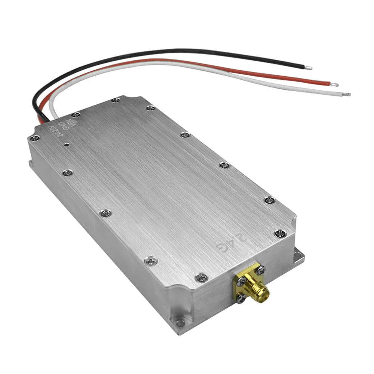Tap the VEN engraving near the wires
click(69, 123)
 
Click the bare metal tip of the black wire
click(308, 68)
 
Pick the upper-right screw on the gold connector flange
click(261, 269)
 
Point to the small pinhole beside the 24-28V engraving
click(66, 144)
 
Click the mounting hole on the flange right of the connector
click(298, 256)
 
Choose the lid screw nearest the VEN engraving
click(76, 115)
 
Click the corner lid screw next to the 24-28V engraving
click(36, 138)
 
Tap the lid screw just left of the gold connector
click(201, 278)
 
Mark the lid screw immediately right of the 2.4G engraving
click(280, 234)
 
